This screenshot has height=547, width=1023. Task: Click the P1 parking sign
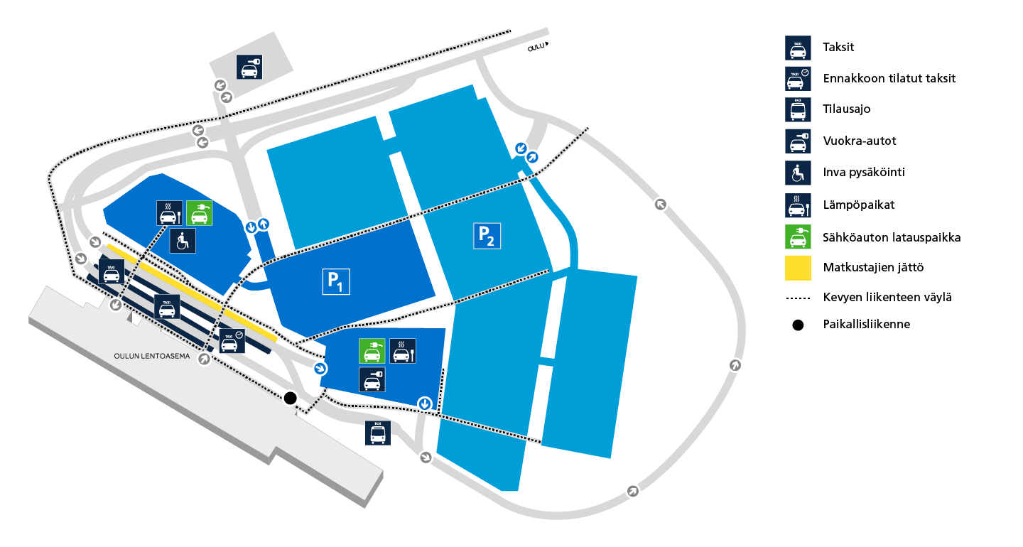pos(336,282)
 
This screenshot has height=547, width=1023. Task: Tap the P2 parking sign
pos(487,236)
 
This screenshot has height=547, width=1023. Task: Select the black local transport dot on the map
pos(291,398)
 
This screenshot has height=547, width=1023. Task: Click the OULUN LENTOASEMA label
pos(151,356)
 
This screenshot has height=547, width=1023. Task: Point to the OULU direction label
pos(536,47)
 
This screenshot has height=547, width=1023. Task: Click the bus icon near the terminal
pos(378,433)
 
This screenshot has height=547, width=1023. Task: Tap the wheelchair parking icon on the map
pos(183,241)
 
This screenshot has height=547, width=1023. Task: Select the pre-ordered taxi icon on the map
pos(232,340)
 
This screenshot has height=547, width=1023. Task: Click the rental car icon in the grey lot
pos(249,67)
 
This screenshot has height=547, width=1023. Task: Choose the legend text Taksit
pos(838,47)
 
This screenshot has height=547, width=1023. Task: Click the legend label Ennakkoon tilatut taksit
pos(889,79)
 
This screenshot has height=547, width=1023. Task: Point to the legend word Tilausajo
pos(847,109)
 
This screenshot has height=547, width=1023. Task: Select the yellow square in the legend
pos(798,268)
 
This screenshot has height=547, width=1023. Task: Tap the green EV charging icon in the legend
pos(798,237)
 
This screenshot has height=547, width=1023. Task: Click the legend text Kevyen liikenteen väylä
pos(887,297)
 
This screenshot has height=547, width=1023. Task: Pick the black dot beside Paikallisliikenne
pos(798,325)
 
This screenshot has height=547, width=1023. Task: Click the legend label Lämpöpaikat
pos(859,205)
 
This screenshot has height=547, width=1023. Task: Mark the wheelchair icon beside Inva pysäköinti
pos(798,173)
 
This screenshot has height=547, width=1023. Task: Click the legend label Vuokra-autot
pos(860,141)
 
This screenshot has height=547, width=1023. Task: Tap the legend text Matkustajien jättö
pos(873,267)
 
